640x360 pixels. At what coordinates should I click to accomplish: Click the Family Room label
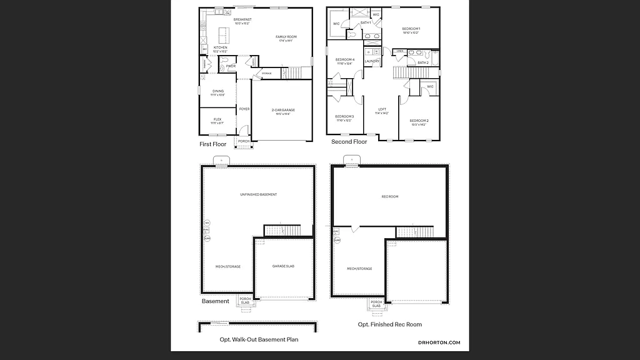point(286,37)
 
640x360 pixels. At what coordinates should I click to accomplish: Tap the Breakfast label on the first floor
point(242,20)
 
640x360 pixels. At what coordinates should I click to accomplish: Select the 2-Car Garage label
point(283,110)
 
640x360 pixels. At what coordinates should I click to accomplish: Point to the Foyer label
point(244,109)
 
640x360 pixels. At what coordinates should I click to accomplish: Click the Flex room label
point(217,119)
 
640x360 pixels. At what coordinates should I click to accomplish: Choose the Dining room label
point(217,91)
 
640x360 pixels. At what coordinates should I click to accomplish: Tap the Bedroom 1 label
point(411,29)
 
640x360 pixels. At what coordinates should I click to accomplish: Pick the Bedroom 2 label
point(419,121)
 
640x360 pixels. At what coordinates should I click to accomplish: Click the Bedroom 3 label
point(344,116)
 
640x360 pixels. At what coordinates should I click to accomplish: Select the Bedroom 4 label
point(345,59)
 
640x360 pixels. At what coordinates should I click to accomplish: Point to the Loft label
point(382,109)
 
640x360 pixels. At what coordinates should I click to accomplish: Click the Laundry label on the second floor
point(372,61)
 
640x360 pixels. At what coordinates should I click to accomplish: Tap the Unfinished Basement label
point(258,194)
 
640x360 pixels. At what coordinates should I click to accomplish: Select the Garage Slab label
point(283,266)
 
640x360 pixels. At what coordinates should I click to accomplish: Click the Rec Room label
point(389,197)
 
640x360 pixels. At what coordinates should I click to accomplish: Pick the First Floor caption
point(212,144)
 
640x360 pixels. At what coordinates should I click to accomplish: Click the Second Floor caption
point(349,142)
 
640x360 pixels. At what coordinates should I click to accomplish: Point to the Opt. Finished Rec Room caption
point(389,324)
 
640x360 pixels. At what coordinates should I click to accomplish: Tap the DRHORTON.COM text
point(439,342)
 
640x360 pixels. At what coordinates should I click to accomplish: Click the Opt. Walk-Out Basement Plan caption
point(259,339)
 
